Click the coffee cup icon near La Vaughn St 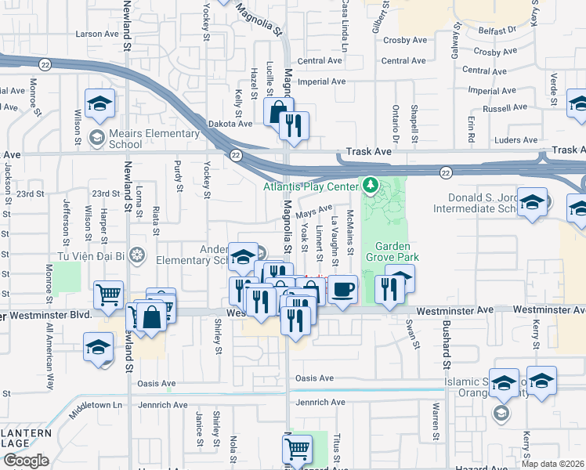(342, 291)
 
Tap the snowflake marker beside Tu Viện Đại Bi (137, 255)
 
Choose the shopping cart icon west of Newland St (108, 296)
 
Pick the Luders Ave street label (516, 140)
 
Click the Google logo (26, 461)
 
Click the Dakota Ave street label (230, 123)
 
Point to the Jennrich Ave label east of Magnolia (320, 403)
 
